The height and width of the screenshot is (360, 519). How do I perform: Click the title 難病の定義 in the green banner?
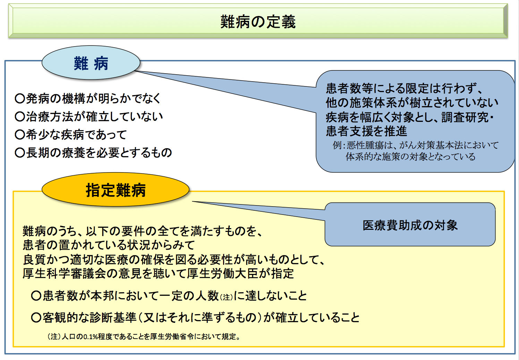tap(258, 22)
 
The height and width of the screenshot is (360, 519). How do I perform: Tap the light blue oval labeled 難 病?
tap(91, 63)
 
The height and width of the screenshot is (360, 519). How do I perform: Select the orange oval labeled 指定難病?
tap(116, 190)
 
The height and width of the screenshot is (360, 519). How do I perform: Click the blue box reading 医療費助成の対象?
tap(410, 225)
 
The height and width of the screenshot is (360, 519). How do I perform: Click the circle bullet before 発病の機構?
tap(19, 99)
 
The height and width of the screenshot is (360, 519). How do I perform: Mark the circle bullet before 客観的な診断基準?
tap(36, 317)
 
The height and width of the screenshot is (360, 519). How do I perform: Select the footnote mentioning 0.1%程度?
tap(144, 336)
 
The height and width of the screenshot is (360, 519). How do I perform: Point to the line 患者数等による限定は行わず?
tap(404, 89)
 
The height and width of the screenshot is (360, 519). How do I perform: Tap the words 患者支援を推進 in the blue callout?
tap(366, 131)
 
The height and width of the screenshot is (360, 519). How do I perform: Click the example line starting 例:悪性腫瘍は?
tap(415, 145)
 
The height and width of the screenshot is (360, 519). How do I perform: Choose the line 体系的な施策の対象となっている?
tap(410, 157)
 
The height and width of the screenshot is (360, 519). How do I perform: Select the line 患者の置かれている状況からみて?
tap(109, 245)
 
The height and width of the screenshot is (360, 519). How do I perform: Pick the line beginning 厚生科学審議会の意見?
tap(158, 274)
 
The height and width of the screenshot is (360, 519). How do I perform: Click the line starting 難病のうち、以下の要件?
tap(142, 231)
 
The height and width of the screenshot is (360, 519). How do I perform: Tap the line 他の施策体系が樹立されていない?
tap(412, 103)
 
